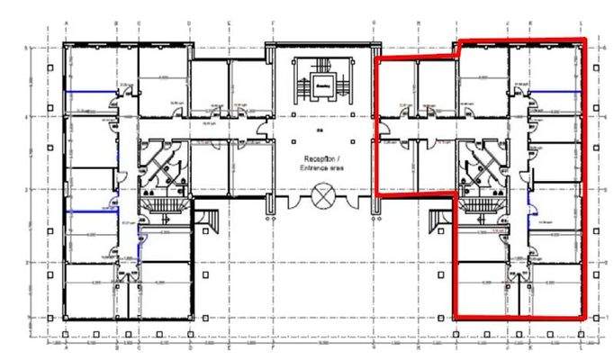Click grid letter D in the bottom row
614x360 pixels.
[189, 344]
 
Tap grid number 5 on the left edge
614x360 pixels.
[27, 46]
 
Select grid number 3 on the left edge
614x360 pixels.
[27, 190]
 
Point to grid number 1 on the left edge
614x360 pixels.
[27, 318]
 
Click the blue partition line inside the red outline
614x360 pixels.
[560, 90]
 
